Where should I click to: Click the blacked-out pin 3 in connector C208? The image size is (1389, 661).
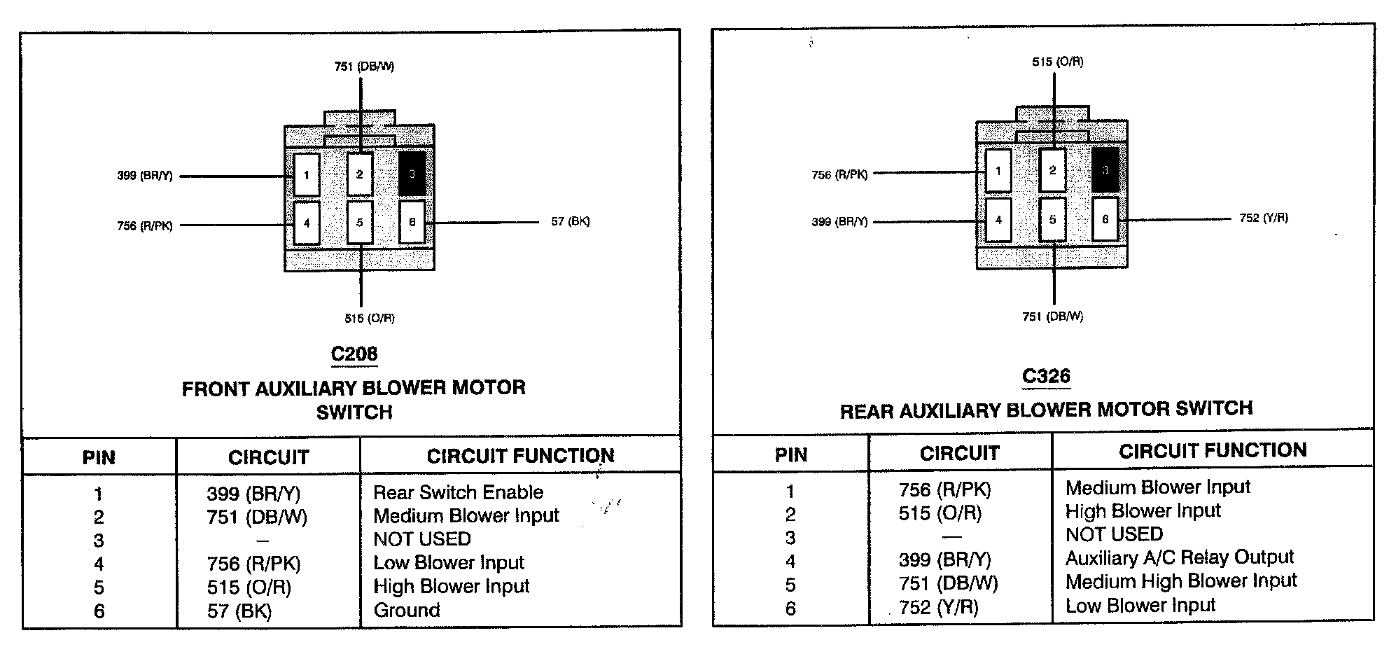(412, 174)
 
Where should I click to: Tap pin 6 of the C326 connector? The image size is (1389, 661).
(1105, 219)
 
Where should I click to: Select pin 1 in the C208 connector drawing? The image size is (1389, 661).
(307, 174)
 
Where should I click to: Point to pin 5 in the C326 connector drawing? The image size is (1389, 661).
(1052, 220)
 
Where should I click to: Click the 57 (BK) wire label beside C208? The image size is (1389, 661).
(570, 222)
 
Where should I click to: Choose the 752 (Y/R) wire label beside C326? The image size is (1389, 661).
(1263, 218)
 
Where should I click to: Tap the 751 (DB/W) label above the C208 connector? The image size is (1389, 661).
(364, 67)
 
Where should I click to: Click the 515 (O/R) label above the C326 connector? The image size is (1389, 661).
(1057, 62)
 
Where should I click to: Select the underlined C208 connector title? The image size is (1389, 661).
(354, 354)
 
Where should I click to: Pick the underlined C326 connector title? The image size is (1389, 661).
(1046, 377)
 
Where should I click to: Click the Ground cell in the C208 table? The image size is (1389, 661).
(407, 610)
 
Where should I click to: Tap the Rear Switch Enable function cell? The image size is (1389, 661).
(458, 492)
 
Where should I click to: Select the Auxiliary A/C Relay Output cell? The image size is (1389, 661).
(1179, 558)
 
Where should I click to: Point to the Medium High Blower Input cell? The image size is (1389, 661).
(1180, 581)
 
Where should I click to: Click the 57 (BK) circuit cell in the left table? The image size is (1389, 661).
(239, 611)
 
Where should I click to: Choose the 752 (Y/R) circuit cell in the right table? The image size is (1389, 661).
(938, 607)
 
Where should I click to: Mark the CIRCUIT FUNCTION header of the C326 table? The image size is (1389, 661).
(1213, 450)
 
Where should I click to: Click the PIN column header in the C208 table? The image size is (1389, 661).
(99, 458)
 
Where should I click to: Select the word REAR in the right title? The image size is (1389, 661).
(866, 412)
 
